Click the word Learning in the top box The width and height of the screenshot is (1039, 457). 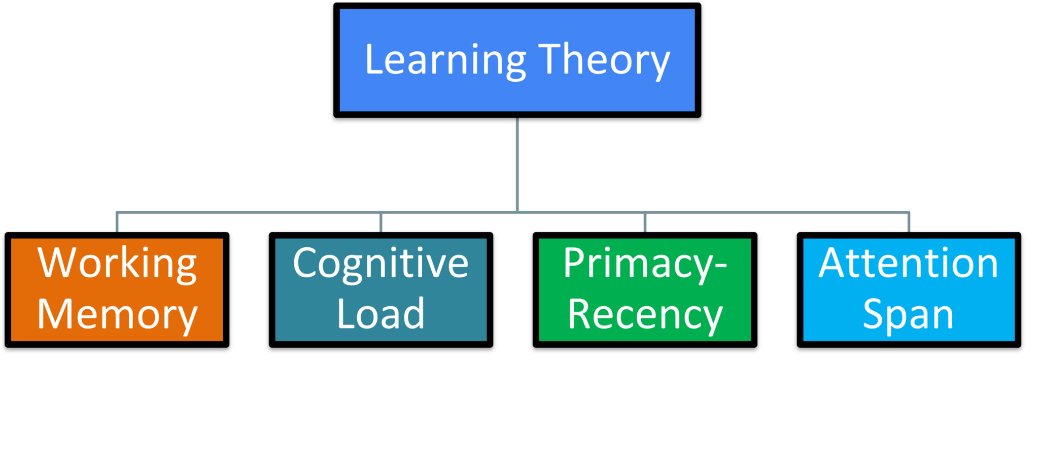pyautogui.click(x=445, y=60)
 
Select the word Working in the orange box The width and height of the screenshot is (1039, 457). pyautogui.click(x=117, y=264)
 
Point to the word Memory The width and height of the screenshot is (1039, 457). pyautogui.click(x=117, y=315)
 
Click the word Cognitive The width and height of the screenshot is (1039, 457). pyautogui.click(x=380, y=264)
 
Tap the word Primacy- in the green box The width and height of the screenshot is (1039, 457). pyautogui.click(x=645, y=264)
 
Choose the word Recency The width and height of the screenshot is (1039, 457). pyautogui.click(x=645, y=315)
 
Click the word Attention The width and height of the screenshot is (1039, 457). pyautogui.click(x=908, y=264)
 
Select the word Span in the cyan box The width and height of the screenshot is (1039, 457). pyautogui.click(x=908, y=315)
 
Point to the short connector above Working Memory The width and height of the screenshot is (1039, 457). pyautogui.click(x=117, y=222)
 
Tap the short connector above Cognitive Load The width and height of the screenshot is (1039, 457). pyautogui.click(x=380, y=222)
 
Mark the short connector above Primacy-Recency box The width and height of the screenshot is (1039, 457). pyautogui.click(x=645, y=222)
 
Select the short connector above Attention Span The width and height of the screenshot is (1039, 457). pyautogui.click(x=909, y=222)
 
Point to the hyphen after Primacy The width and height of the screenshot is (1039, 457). pyautogui.click(x=720, y=266)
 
